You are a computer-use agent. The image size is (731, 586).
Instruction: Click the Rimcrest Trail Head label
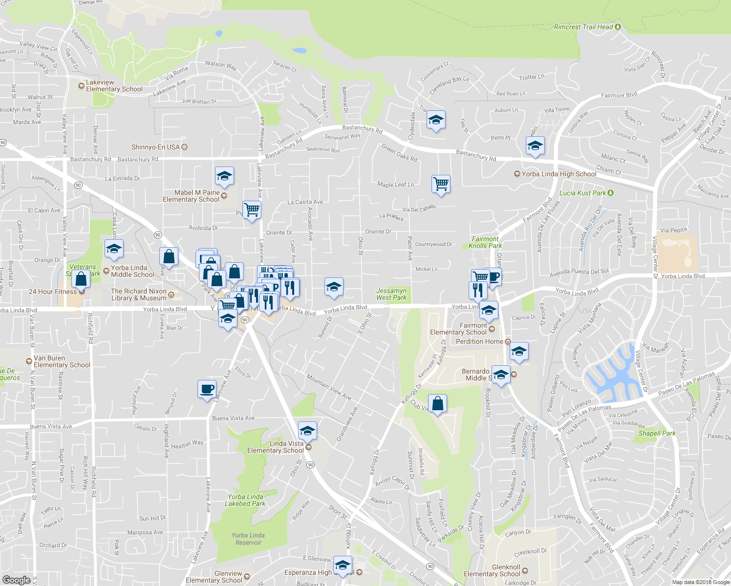(x=583, y=27)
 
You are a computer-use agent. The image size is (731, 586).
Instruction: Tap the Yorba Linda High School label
(x=559, y=174)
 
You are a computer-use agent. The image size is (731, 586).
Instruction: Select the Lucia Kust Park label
(x=582, y=193)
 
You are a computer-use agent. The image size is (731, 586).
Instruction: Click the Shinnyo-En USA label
(x=155, y=147)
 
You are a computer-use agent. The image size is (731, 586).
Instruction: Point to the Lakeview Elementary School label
(x=114, y=85)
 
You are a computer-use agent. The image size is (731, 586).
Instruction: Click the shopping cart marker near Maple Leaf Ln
(x=441, y=184)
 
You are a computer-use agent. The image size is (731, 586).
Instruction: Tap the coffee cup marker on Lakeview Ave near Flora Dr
(x=207, y=389)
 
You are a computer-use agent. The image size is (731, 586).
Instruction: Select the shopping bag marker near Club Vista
(x=438, y=404)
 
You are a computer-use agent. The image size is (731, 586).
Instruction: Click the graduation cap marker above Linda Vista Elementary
(x=307, y=431)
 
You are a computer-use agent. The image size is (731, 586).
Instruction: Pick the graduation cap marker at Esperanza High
(x=343, y=565)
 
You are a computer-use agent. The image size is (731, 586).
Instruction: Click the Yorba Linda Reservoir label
(x=248, y=539)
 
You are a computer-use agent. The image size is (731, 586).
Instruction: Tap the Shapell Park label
(x=657, y=433)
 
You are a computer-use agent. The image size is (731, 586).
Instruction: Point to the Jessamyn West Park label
(x=391, y=294)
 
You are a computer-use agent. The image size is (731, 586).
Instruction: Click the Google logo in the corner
(x=16, y=580)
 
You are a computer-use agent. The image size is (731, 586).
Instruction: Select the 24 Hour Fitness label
(x=53, y=292)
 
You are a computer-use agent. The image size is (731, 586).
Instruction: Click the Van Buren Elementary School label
(x=62, y=361)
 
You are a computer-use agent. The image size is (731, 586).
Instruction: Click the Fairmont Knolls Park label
(x=485, y=242)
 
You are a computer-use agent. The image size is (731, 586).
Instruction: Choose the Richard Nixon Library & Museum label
(x=139, y=294)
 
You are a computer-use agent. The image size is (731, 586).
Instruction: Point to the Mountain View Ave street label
(x=329, y=387)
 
